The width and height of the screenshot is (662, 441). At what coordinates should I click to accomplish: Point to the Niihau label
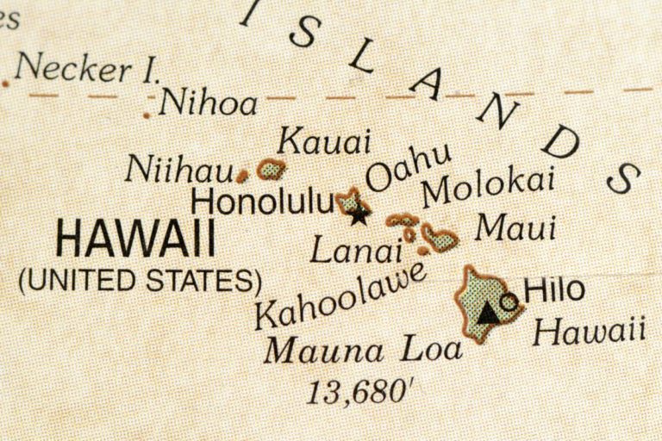(x=178, y=169)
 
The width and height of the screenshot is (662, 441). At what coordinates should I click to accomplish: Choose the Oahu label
(x=408, y=169)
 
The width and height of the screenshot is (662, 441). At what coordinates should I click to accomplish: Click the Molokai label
(x=487, y=188)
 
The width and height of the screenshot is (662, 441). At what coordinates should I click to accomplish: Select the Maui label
(x=515, y=229)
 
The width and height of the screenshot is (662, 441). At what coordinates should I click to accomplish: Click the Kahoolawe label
(x=341, y=295)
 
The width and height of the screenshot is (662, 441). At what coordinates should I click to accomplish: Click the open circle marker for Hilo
(x=509, y=302)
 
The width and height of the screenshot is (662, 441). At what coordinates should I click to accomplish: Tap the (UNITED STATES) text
(x=141, y=280)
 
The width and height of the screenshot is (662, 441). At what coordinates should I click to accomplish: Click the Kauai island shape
(x=272, y=170)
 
